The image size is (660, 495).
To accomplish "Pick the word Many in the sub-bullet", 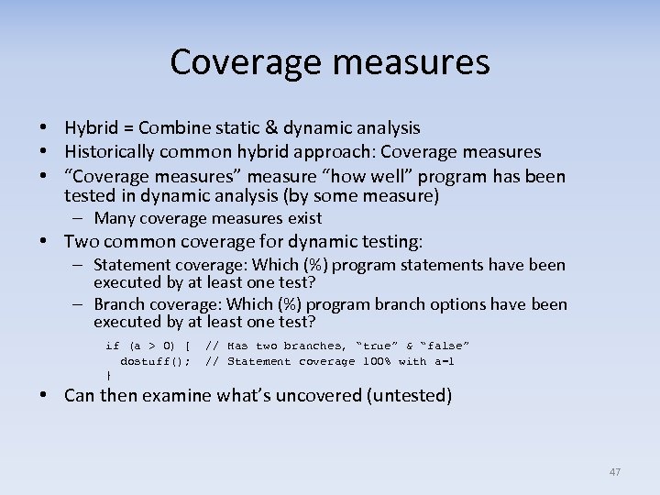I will [x=115, y=218].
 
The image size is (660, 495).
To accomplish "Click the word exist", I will [x=304, y=218].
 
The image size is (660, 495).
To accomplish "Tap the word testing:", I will [x=390, y=242].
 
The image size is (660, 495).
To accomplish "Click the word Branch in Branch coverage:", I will [x=119, y=304].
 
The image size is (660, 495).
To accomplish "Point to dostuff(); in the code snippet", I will [x=156, y=361].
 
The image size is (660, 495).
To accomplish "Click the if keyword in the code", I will [x=113, y=346].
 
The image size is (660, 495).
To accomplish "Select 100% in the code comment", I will [x=376, y=361].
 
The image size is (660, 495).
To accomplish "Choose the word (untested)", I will [x=411, y=396].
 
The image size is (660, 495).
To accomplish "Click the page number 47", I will [x=614, y=472].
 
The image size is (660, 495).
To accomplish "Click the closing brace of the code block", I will [x=109, y=376].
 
